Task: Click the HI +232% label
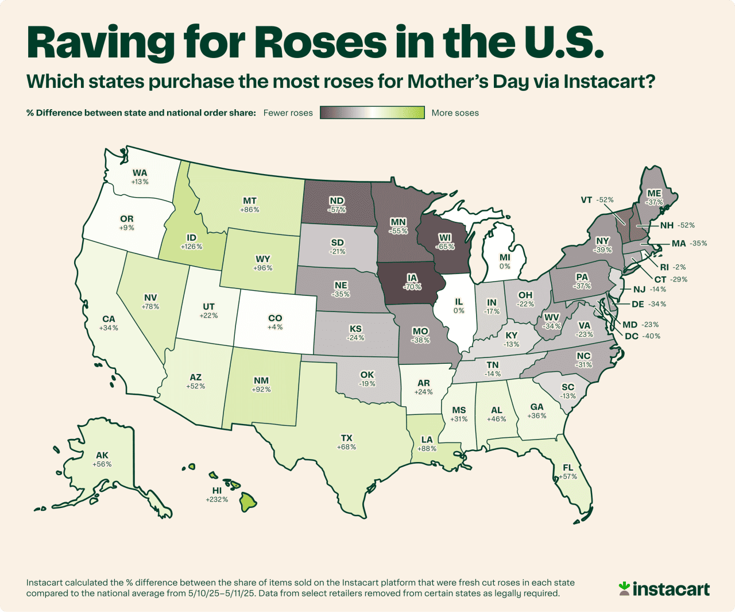click(x=216, y=495)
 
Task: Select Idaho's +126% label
click(x=191, y=242)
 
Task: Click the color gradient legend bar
click(x=372, y=113)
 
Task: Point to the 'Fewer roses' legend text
click(x=288, y=113)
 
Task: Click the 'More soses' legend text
click(x=455, y=113)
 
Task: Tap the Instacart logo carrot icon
click(x=624, y=588)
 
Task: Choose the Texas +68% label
click(x=346, y=442)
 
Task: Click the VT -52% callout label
click(x=597, y=200)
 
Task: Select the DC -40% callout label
click(x=642, y=336)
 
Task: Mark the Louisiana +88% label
click(x=427, y=444)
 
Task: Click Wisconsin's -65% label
click(x=444, y=242)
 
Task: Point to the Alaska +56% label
click(x=102, y=460)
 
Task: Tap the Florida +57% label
click(x=568, y=472)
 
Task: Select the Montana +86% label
click(x=249, y=205)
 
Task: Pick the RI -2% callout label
click(x=672, y=267)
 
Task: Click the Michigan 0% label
click(x=505, y=262)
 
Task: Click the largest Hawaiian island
click(x=247, y=502)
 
